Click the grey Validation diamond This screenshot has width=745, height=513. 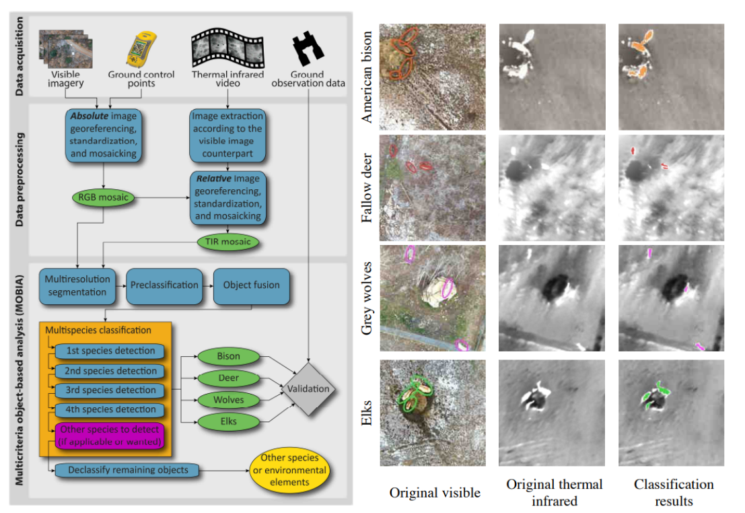click(x=308, y=388)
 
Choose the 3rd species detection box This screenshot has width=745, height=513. click(x=110, y=390)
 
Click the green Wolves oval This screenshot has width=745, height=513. click(x=228, y=401)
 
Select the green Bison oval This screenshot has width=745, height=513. click(x=228, y=356)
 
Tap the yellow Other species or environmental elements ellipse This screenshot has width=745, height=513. click(x=289, y=471)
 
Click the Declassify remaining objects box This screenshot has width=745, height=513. click(x=127, y=469)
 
